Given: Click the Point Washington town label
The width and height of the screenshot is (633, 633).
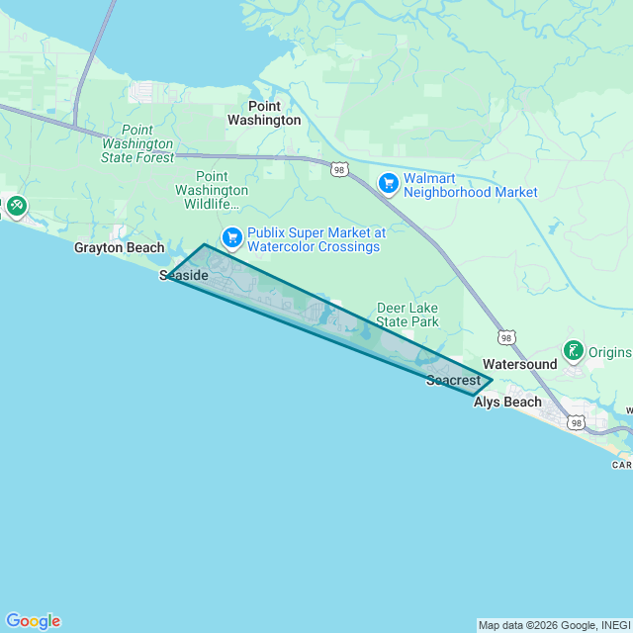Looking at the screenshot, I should click(264, 113).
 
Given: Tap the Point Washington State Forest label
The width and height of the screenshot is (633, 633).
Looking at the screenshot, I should click(137, 143).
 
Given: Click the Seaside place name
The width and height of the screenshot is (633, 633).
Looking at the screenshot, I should click(184, 275).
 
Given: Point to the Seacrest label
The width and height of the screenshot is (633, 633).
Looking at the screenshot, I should click(453, 380).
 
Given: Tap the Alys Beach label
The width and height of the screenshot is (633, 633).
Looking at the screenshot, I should click(507, 402).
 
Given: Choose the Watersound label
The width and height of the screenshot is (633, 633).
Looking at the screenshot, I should click(519, 364).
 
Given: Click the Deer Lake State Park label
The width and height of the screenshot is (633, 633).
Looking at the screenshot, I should click(407, 315).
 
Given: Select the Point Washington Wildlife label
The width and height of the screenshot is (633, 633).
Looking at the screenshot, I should click(212, 190).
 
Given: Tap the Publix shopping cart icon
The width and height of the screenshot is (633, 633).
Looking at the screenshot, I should click(232, 236).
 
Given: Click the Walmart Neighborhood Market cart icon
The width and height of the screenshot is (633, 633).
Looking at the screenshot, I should click(389, 183).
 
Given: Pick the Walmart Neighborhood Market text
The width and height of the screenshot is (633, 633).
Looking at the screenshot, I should click(470, 185).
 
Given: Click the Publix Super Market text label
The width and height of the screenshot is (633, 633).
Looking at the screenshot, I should click(315, 238).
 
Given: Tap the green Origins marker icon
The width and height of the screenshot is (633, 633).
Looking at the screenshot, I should click(573, 350).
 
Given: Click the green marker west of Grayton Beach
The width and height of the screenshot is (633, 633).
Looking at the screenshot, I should click(16, 206).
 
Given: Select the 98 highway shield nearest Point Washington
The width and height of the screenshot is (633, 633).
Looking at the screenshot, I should click(339, 170).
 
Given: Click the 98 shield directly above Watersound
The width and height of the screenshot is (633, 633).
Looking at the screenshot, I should click(506, 337).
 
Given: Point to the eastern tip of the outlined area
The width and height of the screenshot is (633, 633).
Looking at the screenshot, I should click(492, 380).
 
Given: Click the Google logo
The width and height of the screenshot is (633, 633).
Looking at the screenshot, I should click(33, 620).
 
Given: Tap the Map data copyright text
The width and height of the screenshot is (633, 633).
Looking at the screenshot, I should click(553, 625).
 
